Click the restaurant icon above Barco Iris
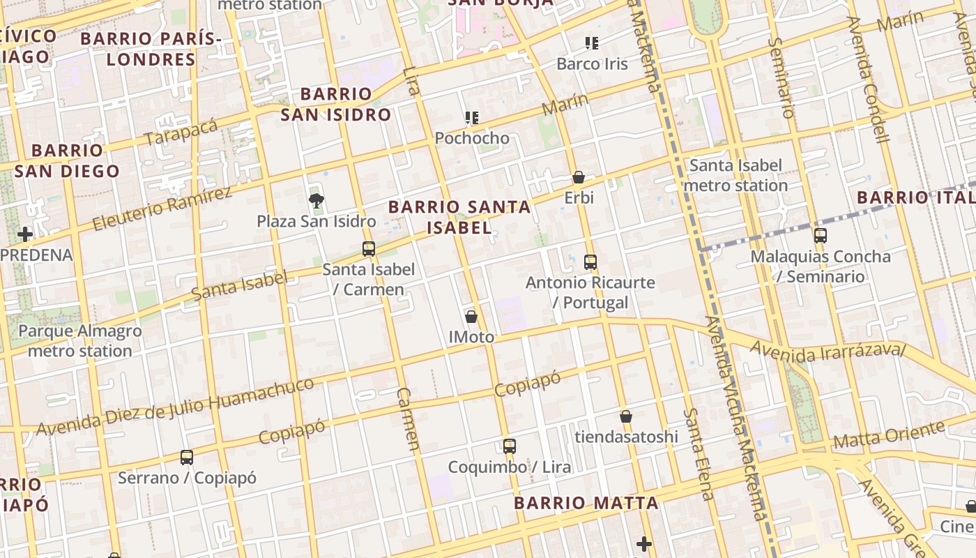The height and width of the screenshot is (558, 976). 592,43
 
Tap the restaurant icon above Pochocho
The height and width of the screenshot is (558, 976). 472,118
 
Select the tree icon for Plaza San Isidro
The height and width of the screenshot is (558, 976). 317,202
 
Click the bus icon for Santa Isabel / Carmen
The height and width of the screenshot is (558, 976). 368,249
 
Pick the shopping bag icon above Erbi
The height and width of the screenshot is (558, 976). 578,177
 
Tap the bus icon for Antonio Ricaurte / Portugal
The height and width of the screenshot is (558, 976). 590,262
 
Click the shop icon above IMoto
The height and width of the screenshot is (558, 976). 471,317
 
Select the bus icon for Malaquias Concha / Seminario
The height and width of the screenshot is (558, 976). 820,236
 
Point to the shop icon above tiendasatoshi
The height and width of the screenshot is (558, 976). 625,416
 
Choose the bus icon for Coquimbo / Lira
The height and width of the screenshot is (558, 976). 509,446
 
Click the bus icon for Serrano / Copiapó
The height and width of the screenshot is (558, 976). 186,458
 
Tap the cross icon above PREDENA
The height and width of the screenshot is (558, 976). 25,234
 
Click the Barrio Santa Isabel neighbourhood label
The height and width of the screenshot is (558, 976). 459,217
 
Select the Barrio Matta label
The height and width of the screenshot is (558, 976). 586,503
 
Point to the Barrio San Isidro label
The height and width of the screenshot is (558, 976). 336,105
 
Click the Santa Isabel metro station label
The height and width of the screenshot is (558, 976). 735,176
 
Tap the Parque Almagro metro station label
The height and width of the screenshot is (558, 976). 79,341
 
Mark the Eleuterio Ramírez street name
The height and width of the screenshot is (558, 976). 162,209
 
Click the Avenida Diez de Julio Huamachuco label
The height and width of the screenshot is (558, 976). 175,407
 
